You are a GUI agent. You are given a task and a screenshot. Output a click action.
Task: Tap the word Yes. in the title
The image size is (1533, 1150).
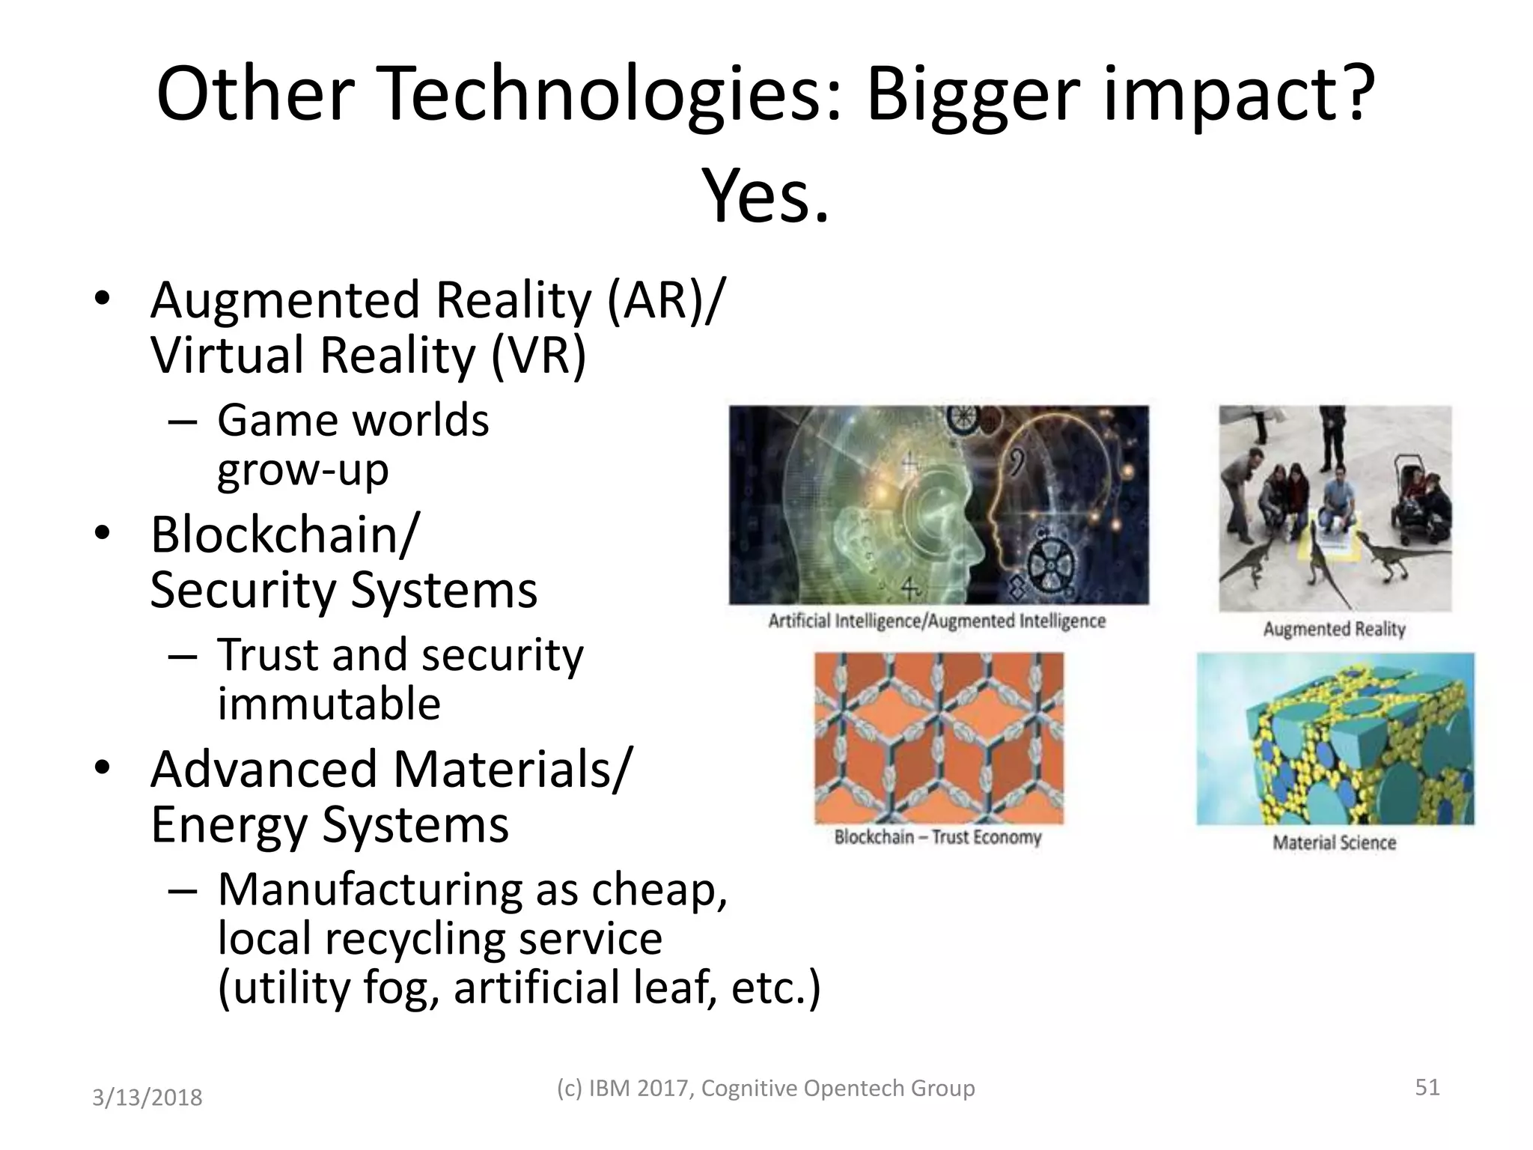(766, 197)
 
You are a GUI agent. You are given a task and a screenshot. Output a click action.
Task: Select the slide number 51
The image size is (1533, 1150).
(1427, 1086)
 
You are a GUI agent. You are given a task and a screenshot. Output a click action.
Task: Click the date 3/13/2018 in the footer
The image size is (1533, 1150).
(147, 1098)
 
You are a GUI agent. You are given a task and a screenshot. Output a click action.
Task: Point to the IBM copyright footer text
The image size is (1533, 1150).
(766, 1088)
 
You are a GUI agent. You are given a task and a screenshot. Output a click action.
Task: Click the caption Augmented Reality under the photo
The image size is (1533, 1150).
(1334, 629)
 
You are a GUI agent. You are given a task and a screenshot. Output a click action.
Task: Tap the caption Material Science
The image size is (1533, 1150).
(1334, 843)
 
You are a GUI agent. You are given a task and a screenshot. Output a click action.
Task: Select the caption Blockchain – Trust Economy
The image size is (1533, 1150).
(938, 837)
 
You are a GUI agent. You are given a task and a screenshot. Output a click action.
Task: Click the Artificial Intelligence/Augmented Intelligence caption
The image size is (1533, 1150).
(937, 621)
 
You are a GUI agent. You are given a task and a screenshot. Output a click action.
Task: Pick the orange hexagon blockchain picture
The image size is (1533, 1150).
(939, 737)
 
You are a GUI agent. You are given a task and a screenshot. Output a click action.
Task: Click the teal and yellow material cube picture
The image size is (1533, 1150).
(1335, 738)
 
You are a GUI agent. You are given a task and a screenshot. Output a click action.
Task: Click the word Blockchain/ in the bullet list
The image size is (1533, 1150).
(285, 535)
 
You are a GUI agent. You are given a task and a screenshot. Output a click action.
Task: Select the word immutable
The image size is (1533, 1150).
(329, 704)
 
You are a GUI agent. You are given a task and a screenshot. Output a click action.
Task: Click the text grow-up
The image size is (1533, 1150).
(303, 470)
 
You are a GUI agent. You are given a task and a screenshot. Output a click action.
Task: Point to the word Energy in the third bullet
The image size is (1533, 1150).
(229, 825)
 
